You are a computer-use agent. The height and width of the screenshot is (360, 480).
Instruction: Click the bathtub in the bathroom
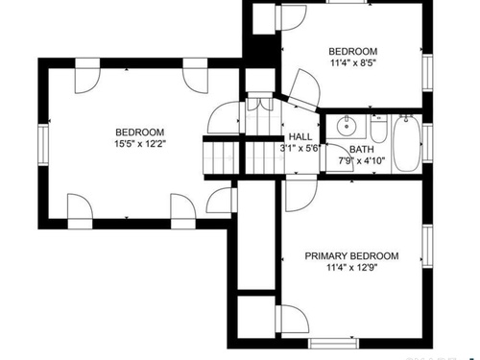coord(406,144)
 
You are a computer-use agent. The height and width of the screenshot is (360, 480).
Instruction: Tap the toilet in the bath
coord(379,129)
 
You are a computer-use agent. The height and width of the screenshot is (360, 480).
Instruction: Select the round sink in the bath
coord(346,126)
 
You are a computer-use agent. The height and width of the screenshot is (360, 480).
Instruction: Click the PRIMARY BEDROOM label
coord(351,256)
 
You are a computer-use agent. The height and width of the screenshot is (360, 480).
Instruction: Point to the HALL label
coord(300,137)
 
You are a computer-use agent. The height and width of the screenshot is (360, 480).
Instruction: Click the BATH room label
coord(362,150)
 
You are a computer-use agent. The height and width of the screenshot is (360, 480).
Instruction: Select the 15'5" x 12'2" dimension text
coord(140,144)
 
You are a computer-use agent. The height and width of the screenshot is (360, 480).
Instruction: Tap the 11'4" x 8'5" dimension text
coord(353,62)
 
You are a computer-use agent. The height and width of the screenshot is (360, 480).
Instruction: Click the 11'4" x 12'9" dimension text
coord(351,267)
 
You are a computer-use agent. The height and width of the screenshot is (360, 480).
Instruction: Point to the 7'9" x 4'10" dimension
coord(362,160)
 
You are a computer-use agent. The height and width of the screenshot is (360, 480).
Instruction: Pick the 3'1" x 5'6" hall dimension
coord(300,148)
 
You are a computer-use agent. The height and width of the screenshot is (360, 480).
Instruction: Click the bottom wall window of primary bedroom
coord(334,344)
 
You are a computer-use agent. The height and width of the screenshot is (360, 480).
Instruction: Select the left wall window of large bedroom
coord(43,145)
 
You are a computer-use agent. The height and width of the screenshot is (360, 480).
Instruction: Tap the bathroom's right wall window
coord(428,142)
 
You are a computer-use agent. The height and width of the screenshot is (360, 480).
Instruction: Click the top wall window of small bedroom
coord(348,2)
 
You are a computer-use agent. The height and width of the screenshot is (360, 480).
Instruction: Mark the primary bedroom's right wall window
coord(428,246)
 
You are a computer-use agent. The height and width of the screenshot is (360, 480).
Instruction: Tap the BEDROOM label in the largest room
coord(140,132)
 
